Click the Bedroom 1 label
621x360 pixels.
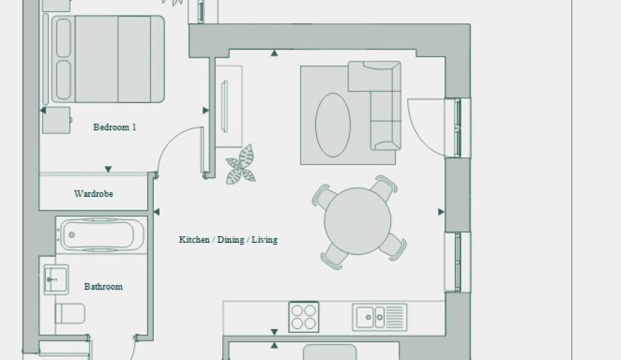[114, 127]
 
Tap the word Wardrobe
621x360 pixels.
[93, 193]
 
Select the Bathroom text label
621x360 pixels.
[103, 287]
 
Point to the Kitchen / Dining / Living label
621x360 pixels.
[228, 239]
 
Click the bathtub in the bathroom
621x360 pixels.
[102, 235]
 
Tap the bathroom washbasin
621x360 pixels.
[56, 280]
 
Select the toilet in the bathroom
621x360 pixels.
[70, 313]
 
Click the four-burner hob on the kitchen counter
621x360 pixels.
[303, 317]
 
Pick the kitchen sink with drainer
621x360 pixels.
[380, 317]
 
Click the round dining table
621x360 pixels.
[358, 221]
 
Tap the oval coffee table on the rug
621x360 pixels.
[332, 125]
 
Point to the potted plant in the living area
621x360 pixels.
[241, 165]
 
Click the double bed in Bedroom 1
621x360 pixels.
[108, 59]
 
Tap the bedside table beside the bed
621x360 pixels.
[56, 120]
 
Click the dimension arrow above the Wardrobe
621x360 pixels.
[108, 169]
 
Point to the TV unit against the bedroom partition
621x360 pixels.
[228, 107]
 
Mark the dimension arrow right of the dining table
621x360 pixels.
[441, 212]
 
